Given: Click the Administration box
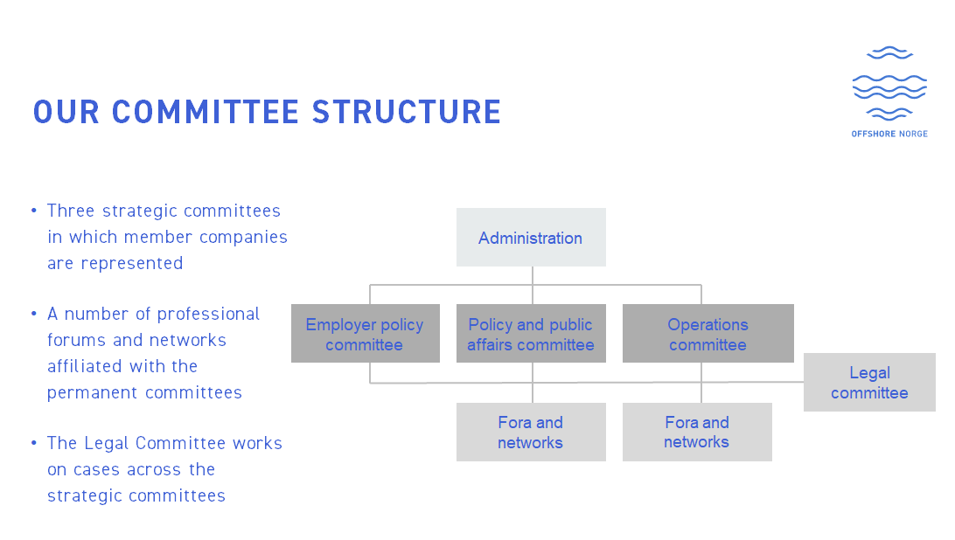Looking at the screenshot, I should (531, 238).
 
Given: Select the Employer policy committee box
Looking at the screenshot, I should (365, 334).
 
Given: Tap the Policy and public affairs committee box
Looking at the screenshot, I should (531, 334).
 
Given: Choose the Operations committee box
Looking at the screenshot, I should (708, 334).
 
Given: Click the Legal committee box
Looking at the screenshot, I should (869, 383).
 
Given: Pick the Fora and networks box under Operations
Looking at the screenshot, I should (697, 432).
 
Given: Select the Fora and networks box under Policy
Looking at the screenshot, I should (531, 432).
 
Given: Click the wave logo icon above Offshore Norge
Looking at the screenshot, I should (889, 84).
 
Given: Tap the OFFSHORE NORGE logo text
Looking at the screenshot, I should (889, 134).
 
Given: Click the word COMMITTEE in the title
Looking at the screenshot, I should (206, 113).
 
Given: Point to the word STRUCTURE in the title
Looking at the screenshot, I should (407, 113).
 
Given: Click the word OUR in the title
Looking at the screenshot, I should (66, 113).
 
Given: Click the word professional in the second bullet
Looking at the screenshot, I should (209, 314).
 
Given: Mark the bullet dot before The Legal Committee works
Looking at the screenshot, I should (34, 444).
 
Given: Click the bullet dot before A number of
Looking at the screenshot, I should (34, 315).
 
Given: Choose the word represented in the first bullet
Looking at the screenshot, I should (131, 263).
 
